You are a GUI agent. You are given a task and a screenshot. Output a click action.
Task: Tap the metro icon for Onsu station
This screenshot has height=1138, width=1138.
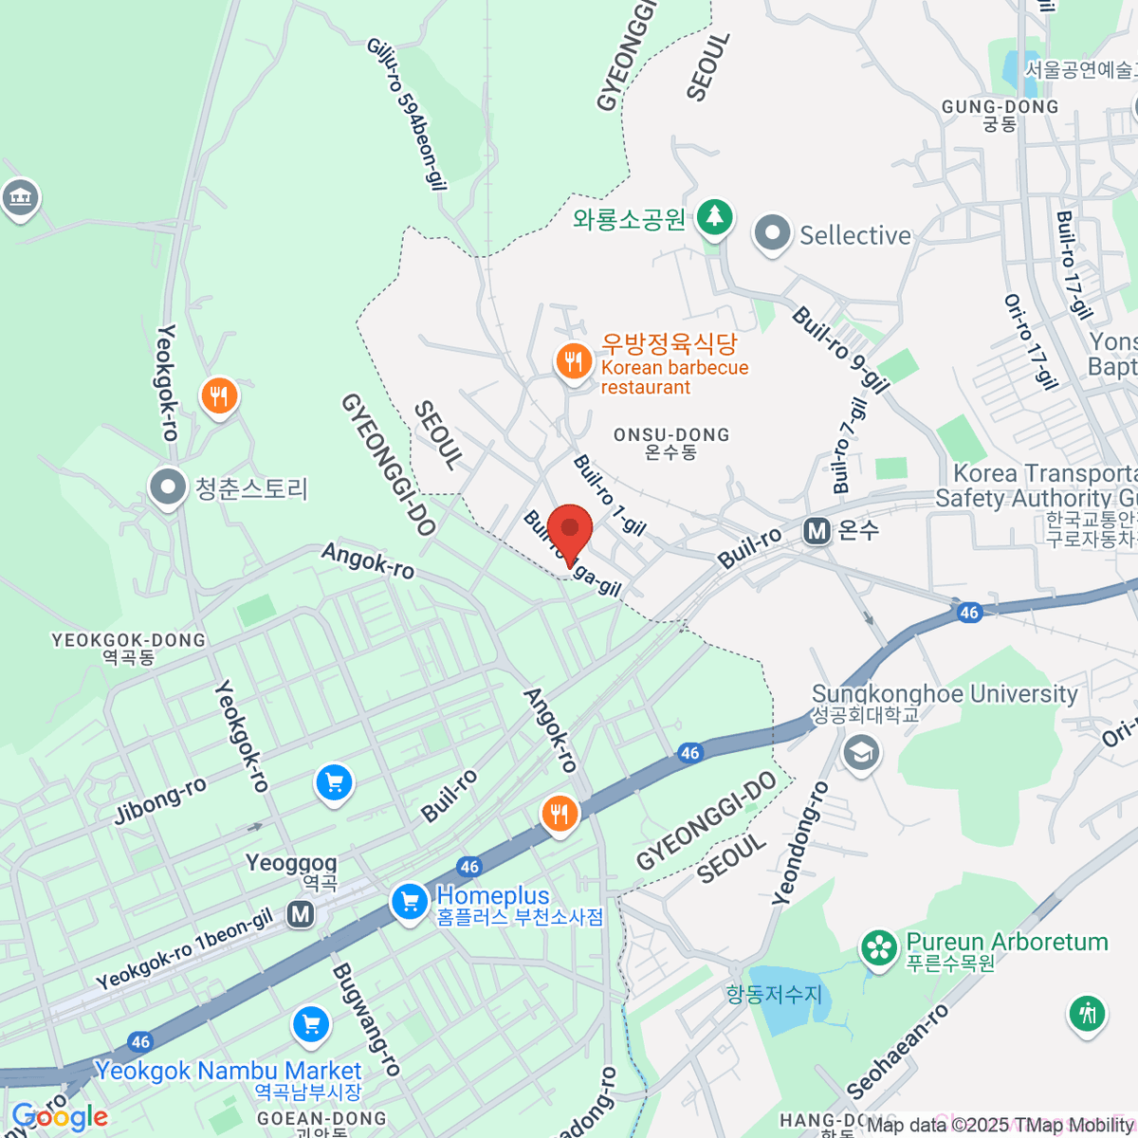[x=817, y=531]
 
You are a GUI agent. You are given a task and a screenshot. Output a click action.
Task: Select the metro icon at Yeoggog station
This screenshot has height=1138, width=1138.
[x=301, y=914]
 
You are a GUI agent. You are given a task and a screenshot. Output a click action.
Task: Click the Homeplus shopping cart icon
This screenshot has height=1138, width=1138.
[x=410, y=901]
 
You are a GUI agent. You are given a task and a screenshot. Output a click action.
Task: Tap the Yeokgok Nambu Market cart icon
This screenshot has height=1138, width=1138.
[x=311, y=1024]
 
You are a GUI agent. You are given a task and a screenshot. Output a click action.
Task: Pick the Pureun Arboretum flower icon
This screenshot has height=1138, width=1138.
[x=879, y=947]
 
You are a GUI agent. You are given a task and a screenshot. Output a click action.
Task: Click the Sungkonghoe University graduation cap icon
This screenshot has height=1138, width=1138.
[x=861, y=753]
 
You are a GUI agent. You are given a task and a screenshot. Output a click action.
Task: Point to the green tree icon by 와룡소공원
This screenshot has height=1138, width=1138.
[x=715, y=217]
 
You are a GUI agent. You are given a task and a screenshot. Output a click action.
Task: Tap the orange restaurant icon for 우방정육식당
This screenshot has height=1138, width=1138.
[x=573, y=361]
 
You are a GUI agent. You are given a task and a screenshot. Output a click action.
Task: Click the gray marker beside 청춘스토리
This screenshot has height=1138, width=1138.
[x=169, y=487]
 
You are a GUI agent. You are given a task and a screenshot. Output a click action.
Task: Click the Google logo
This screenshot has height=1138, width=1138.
[x=59, y=1117]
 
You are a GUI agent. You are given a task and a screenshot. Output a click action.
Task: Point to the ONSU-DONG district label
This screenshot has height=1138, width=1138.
[x=671, y=443]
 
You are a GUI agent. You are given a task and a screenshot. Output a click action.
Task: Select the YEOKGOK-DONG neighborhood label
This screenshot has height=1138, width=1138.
[x=129, y=649]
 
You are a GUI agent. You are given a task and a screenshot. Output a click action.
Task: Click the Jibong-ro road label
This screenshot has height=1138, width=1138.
[x=160, y=800]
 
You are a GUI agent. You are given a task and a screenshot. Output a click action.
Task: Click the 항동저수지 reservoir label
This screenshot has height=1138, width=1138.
[x=774, y=994]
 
